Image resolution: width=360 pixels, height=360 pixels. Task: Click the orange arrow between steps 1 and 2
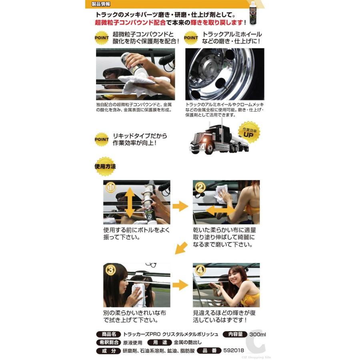180,206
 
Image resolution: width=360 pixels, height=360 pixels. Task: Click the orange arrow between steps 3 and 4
180,285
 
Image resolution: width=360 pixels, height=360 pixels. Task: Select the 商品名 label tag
108,334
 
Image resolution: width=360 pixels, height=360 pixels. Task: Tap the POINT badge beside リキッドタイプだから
101,140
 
